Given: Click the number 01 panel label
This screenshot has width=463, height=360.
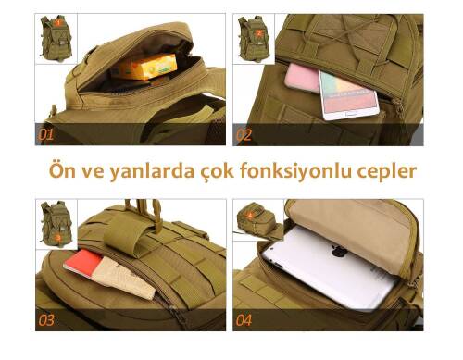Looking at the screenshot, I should pos(46,134).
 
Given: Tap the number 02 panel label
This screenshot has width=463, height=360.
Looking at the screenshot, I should pos(244,134).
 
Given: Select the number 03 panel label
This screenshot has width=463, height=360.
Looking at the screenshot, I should pos(46,321).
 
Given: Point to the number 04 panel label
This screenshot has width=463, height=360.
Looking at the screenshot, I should pos(244,321).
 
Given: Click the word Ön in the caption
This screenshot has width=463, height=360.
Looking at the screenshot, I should pos(62,171).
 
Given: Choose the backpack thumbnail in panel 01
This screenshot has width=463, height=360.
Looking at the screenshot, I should pos(57,37).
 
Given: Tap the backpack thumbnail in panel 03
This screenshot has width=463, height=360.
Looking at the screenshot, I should pos(57,224).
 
